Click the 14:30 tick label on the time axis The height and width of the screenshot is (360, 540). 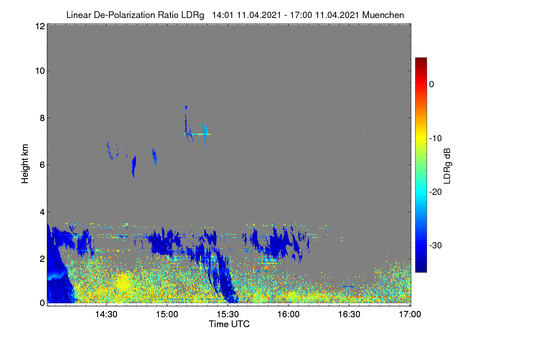(x=106, y=315)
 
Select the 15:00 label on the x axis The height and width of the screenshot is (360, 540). (x=167, y=315)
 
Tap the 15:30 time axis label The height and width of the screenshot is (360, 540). (x=228, y=315)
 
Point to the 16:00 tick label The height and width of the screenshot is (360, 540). (x=288, y=315)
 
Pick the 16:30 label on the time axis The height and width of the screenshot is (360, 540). (x=349, y=315)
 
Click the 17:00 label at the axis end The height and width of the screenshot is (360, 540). (x=410, y=315)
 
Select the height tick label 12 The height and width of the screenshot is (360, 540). (x=40, y=26)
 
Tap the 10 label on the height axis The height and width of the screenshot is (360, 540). (x=40, y=71)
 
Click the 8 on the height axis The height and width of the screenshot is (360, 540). (x=42, y=118)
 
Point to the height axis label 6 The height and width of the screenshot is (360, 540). (x=42, y=165)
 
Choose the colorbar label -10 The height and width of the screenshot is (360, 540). (x=436, y=139)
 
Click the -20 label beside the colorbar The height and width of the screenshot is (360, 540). (x=436, y=192)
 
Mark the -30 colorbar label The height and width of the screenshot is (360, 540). (x=436, y=245)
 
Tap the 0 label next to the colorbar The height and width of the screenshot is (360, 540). (x=432, y=85)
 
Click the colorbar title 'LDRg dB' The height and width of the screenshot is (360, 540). (x=447, y=166)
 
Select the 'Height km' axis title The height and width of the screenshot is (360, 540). (x=25, y=164)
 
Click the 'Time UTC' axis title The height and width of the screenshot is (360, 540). (x=229, y=324)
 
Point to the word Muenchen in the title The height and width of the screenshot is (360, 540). (x=383, y=15)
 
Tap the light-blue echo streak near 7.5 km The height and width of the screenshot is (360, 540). (x=205, y=133)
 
